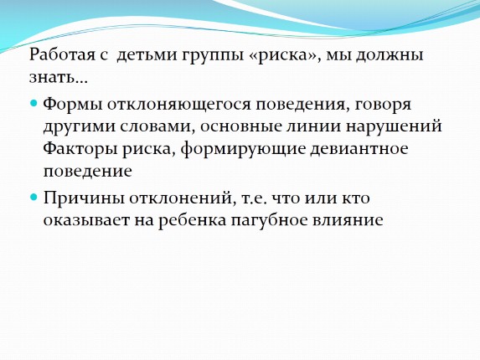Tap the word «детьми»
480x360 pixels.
[x=145, y=56]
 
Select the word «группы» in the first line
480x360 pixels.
[x=209, y=56]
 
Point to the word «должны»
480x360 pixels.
[x=394, y=56]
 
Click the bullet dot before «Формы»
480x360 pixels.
[x=34, y=104]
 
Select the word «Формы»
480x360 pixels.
[x=70, y=105]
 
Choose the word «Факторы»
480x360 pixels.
[x=80, y=149]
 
